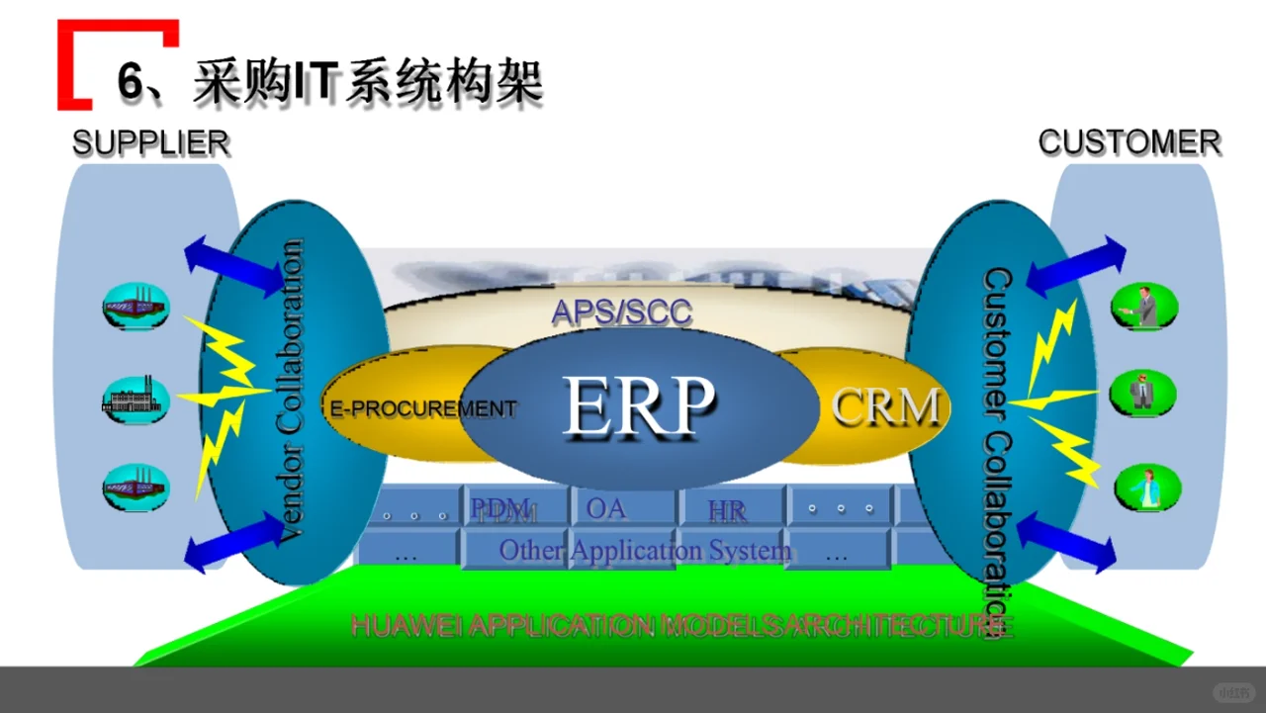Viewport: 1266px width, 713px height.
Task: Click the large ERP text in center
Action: tap(638, 406)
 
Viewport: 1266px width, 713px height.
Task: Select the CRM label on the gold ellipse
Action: tap(885, 406)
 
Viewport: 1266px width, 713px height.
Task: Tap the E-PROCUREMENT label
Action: tap(422, 408)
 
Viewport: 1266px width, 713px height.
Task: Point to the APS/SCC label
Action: tap(621, 312)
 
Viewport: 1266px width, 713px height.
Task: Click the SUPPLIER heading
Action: tap(150, 143)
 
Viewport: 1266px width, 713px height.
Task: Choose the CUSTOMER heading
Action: tap(1129, 142)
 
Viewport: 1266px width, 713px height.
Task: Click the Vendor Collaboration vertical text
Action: tap(292, 391)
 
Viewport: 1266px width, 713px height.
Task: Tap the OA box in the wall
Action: tap(605, 508)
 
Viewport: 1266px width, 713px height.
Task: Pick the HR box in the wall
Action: tap(727, 510)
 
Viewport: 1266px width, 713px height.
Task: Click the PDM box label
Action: tap(502, 509)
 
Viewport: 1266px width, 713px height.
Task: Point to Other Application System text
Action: tap(645, 550)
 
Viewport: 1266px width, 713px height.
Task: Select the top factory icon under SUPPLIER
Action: tap(136, 306)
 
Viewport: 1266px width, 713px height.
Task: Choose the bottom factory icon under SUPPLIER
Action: tap(136, 488)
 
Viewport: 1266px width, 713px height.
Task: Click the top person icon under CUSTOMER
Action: tap(1144, 306)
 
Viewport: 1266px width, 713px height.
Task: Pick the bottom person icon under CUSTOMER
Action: tap(1147, 488)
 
